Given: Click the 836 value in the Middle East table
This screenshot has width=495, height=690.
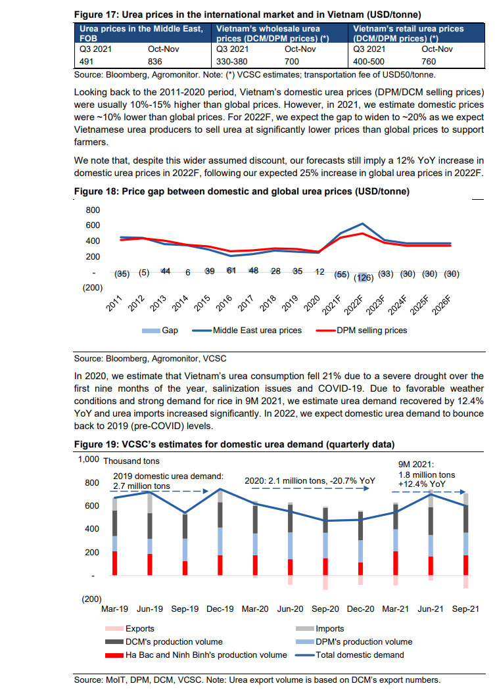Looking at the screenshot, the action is [x=155, y=62].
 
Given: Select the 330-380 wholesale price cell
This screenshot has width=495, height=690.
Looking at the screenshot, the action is [x=231, y=62].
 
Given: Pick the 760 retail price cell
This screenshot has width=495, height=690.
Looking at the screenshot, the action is [x=429, y=62].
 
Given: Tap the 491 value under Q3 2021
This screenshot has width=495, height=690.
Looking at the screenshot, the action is [x=86, y=62].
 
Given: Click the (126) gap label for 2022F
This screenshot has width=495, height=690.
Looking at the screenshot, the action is [x=364, y=278].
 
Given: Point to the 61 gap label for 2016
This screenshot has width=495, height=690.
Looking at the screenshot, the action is [x=231, y=271].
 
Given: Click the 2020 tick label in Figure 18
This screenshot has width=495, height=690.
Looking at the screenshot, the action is [x=312, y=303].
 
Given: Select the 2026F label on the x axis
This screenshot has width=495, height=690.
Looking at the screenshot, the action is [x=442, y=305].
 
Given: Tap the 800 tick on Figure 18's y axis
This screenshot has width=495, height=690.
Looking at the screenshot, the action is [x=93, y=210].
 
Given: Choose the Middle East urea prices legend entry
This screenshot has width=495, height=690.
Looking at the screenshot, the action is [x=247, y=331].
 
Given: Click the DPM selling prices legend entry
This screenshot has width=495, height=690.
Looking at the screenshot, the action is [x=362, y=331].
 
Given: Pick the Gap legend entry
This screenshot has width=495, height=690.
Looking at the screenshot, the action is [x=160, y=331].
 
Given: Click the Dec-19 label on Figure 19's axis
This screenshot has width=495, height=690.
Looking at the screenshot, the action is [x=220, y=609].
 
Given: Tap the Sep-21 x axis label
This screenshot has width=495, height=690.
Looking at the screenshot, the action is [x=465, y=609].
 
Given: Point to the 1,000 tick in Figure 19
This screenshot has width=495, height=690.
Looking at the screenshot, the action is [x=89, y=459].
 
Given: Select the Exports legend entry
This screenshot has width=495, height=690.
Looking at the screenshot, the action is [x=130, y=629].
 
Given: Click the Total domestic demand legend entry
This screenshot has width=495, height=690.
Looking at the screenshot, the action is [x=350, y=655].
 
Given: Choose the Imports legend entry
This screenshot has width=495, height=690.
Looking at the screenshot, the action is [x=320, y=629].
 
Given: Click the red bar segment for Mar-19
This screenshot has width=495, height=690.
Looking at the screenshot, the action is [x=115, y=563].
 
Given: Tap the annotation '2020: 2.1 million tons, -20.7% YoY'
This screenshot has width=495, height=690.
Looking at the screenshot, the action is [x=310, y=481].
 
